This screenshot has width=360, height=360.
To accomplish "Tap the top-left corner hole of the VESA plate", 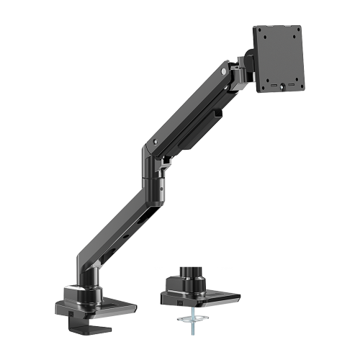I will point(262,33).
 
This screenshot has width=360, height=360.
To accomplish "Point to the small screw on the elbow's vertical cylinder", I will point(161,189).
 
